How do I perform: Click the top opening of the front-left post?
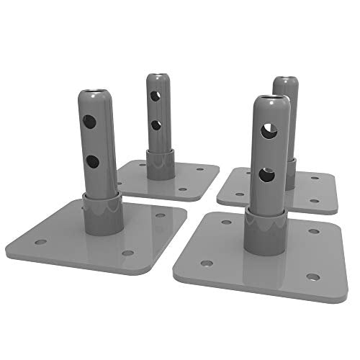[94, 93]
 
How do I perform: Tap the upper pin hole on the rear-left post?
[153, 95]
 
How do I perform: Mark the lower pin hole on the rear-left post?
[155, 125]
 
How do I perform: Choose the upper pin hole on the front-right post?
[268, 130]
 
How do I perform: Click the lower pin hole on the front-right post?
[266, 174]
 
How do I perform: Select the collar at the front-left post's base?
[100, 214]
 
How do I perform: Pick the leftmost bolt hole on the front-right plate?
[206, 264]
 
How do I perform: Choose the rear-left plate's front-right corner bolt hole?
[181, 189]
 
